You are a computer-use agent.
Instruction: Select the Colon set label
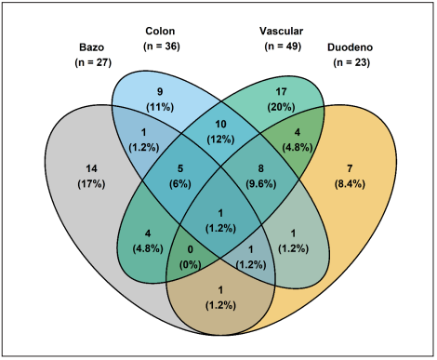coord(162,30)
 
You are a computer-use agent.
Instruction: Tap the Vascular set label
coord(283,30)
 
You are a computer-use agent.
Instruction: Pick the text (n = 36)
coord(162,45)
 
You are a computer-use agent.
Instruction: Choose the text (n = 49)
coord(283,45)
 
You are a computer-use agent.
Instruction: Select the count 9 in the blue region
coord(161,91)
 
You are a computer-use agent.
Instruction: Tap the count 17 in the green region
coord(283,91)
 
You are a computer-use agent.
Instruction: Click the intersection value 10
coord(221,125)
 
